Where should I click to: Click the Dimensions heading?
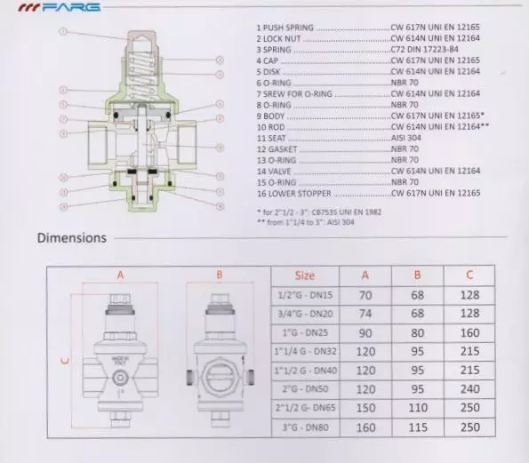[x=71, y=237]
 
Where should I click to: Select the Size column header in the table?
[x=305, y=275]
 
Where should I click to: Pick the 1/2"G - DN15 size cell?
[x=305, y=294]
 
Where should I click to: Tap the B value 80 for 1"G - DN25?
[x=418, y=332]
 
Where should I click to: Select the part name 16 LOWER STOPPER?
[x=293, y=191]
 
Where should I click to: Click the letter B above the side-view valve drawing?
[x=219, y=275]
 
